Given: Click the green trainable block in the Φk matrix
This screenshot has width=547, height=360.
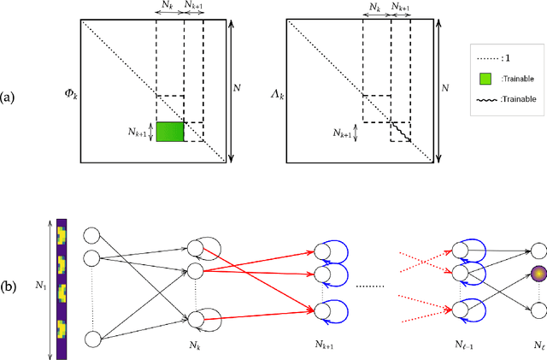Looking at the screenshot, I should click(x=170, y=133).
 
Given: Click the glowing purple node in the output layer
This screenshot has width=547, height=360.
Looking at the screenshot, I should click(x=538, y=274).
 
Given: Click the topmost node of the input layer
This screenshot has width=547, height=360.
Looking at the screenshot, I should click(x=91, y=235).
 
